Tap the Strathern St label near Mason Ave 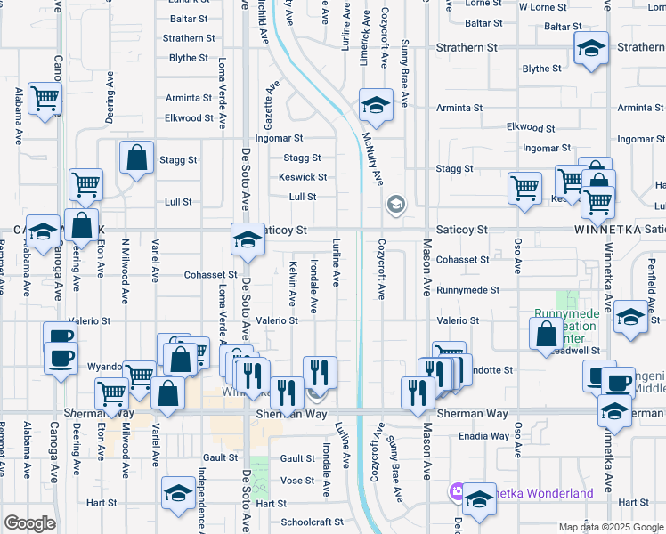coord(467,47)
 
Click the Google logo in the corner coord(29,523)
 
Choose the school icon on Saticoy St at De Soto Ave coord(248,239)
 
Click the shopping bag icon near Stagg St coord(137,158)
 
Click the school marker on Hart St coord(179,493)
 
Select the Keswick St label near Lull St coord(303,177)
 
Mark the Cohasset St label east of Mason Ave coord(463,260)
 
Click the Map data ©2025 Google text coord(611,527)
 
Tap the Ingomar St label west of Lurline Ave coord(279,139)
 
